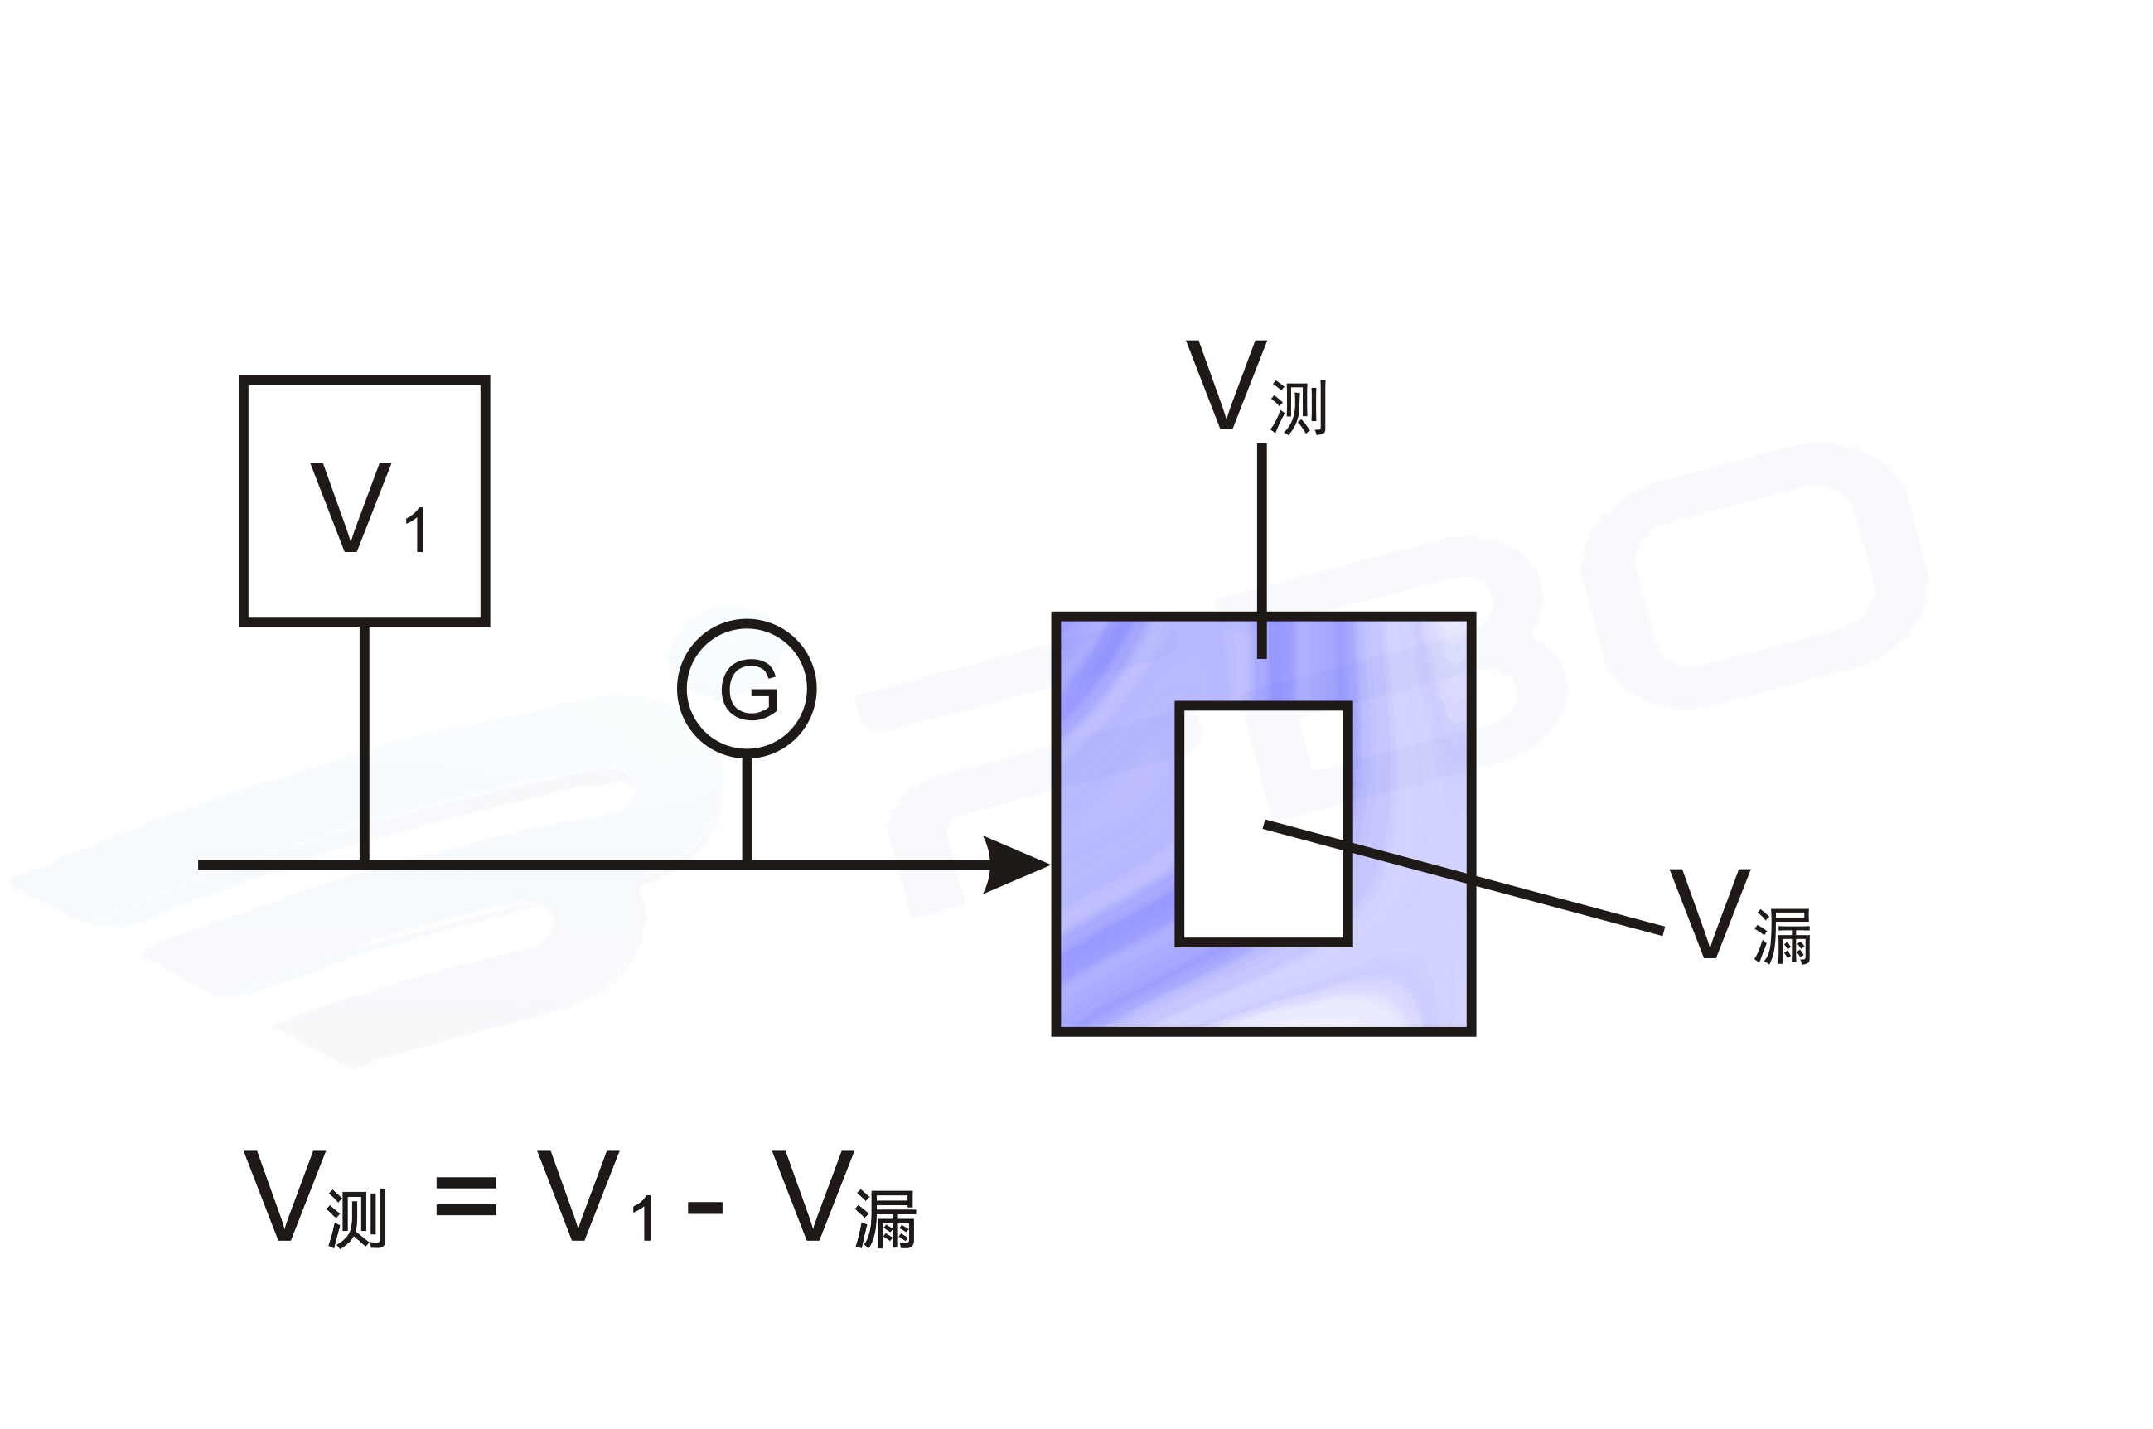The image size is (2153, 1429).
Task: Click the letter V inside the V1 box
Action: click(350, 506)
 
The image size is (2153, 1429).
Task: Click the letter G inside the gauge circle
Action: click(748, 690)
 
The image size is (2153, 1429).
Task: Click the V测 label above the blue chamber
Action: click(1254, 387)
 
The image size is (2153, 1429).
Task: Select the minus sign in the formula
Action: click(704, 1209)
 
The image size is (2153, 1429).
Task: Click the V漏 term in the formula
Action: click(842, 1199)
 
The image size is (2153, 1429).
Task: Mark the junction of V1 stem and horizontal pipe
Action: click(365, 864)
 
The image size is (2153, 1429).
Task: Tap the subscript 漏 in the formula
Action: click(885, 1219)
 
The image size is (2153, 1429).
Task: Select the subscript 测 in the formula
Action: click(357, 1218)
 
